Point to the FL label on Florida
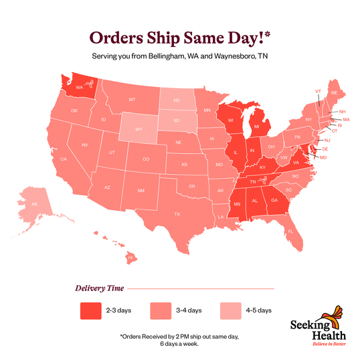(x=290, y=231)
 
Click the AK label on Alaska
(x=35, y=203)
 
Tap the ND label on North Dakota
(x=177, y=102)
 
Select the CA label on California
(x=64, y=159)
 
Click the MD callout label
(x=323, y=157)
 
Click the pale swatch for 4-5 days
(x=231, y=310)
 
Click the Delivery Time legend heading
(x=98, y=288)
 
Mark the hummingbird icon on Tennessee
(x=262, y=179)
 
